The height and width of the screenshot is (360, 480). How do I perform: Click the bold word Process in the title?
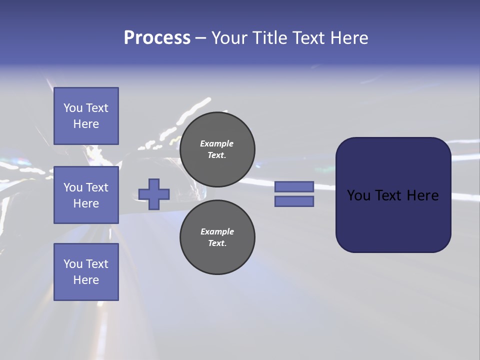click(x=157, y=38)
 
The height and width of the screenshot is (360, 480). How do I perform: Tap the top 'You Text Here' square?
click(x=86, y=116)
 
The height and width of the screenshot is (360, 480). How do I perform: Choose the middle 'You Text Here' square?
click(x=86, y=195)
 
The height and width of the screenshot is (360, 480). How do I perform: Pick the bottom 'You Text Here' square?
click(x=86, y=272)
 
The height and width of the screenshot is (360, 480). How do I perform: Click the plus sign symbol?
click(x=154, y=194)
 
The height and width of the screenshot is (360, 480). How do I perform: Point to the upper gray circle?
click(x=217, y=149)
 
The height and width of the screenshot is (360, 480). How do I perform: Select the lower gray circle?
click(x=217, y=237)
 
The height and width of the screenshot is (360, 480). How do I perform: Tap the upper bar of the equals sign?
click(x=294, y=186)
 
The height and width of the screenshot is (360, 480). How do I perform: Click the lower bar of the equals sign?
click(x=294, y=201)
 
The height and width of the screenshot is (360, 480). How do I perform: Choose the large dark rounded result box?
click(x=393, y=194)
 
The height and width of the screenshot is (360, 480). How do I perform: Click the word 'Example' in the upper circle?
click(x=216, y=143)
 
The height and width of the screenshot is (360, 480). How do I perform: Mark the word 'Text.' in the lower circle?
click(x=217, y=243)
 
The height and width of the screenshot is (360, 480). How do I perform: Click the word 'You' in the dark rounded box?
click(x=358, y=195)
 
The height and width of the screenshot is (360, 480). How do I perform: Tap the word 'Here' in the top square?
click(x=86, y=124)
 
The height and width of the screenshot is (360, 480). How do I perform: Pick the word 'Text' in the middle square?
click(x=97, y=187)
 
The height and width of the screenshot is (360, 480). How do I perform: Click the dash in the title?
click(x=200, y=38)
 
